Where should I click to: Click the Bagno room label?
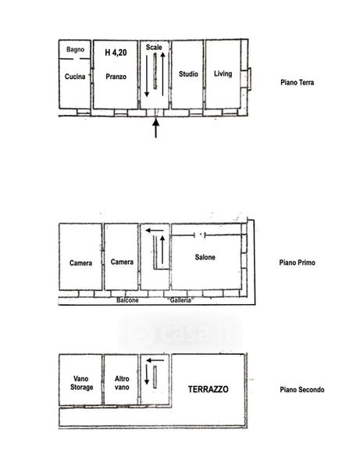75,49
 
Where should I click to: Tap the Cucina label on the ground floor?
75,77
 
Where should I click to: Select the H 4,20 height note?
116,52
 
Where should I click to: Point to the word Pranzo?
116,77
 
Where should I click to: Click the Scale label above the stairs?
154,47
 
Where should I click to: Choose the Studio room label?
188,74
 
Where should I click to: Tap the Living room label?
223,73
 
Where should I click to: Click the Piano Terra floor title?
298,82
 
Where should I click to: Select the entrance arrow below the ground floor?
155,128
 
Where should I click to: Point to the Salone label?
205,257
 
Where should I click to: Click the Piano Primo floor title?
297,263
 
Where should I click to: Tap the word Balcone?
127,300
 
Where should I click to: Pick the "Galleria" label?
180,300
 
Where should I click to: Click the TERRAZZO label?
209,389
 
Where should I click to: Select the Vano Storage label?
81,383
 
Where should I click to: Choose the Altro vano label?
122,383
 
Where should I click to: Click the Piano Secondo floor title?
302,389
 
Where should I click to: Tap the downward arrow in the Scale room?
147,76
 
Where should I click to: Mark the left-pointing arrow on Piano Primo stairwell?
155,231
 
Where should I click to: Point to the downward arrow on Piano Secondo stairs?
147,374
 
